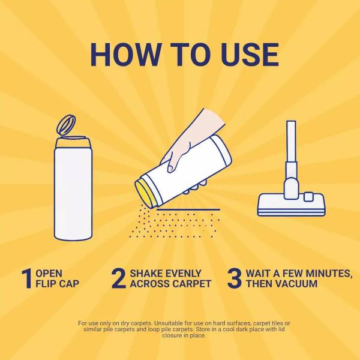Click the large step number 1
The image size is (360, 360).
click(26, 278)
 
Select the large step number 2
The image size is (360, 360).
click(118, 278)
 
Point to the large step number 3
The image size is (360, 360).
click(234, 278)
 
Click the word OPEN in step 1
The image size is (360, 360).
click(49, 273)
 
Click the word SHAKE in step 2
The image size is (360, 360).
click(148, 273)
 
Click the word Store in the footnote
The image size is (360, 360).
click(232, 329)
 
